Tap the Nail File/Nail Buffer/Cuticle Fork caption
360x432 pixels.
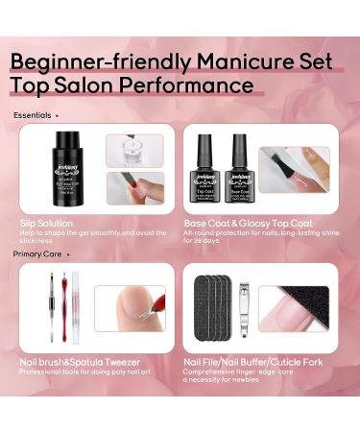coord(253,361)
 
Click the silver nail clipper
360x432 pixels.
coord(247,306)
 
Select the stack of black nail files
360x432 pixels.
coord(210,309)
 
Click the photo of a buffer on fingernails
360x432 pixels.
coord(296,308)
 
